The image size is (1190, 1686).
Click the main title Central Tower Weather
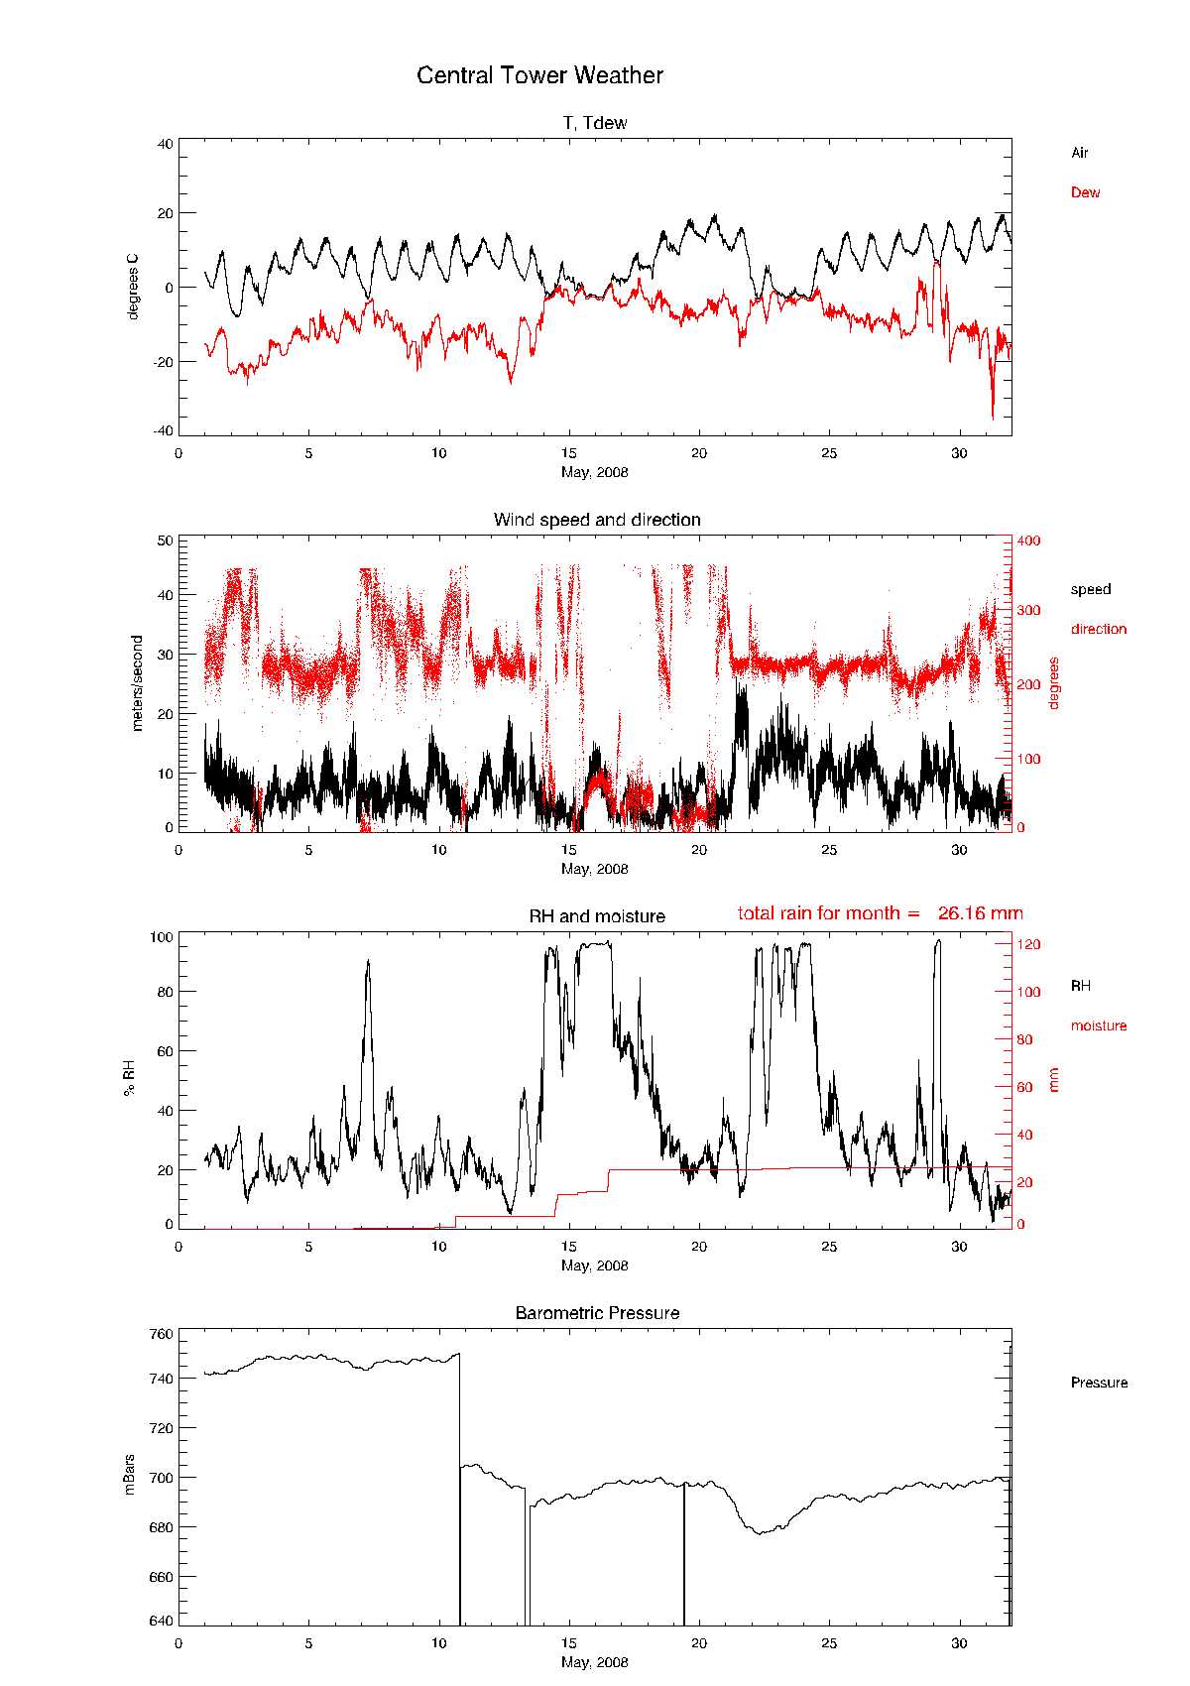click(x=539, y=75)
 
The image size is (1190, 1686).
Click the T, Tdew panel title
click(x=595, y=123)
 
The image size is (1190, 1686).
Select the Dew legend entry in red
click(x=1085, y=192)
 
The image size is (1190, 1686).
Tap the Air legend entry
click(x=1079, y=153)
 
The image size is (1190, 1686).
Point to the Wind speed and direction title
click(x=597, y=520)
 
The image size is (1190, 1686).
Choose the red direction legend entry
click(x=1098, y=629)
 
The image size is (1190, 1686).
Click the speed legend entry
click(x=1090, y=589)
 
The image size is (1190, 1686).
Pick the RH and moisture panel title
click(x=597, y=916)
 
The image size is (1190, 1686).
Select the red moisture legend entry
click(x=1098, y=1025)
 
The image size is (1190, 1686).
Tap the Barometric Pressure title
click(x=597, y=1313)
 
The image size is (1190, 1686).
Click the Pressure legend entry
click(x=1099, y=1383)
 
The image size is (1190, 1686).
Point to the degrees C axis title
click(x=133, y=287)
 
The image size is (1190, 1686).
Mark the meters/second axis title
click(x=137, y=683)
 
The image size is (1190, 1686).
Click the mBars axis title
click(x=129, y=1475)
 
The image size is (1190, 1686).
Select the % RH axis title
click(x=129, y=1078)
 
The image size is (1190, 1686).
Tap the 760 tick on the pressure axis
click(x=162, y=1334)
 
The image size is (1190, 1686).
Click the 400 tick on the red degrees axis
click(x=1028, y=541)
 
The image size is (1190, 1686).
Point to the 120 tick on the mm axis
click(x=1028, y=944)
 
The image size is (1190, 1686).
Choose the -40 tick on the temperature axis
click(x=163, y=430)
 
